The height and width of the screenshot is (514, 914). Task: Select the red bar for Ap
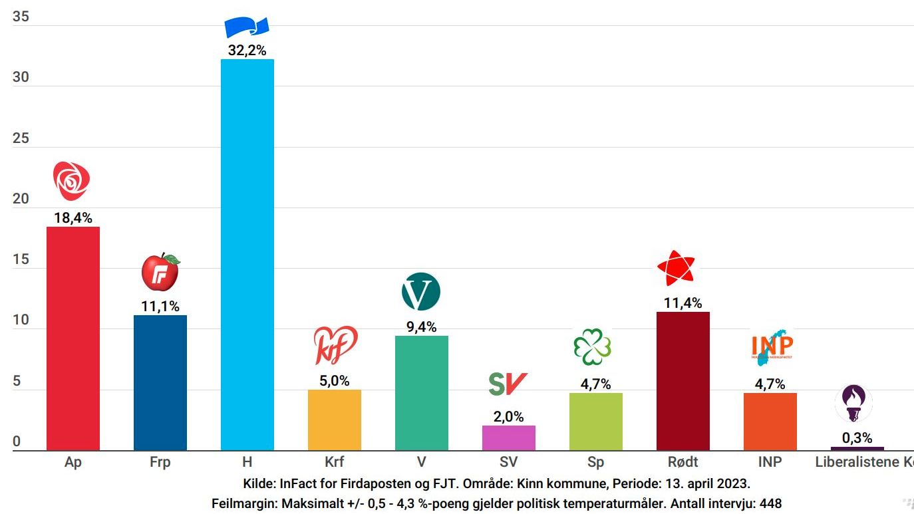pyautogui.click(x=73, y=338)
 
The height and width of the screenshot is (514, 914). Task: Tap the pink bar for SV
pyautogui.click(x=508, y=438)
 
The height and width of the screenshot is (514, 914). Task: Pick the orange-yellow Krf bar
pyautogui.click(x=334, y=420)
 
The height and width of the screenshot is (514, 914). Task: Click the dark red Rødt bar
pyautogui.click(x=683, y=381)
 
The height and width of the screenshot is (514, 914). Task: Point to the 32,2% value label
pyautogui.click(x=247, y=50)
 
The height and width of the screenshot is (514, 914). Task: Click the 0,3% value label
pyautogui.click(x=857, y=438)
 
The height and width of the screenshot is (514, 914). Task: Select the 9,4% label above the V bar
pyautogui.click(x=421, y=326)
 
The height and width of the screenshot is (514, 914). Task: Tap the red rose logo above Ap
pyautogui.click(x=71, y=181)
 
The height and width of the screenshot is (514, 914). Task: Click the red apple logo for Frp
pyautogui.click(x=160, y=272)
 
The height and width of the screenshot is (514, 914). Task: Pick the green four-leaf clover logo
pyautogui.click(x=592, y=346)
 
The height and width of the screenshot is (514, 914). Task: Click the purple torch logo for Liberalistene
pyautogui.click(x=853, y=403)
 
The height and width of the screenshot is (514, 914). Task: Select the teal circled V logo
pyautogui.click(x=421, y=292)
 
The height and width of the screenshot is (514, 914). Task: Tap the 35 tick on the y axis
pyautogui.click(x=21, y=17)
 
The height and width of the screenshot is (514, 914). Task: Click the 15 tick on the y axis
pyautogui.click(x=21, y=259)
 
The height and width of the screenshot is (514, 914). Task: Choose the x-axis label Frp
pyautogui.click(x=160, y=462)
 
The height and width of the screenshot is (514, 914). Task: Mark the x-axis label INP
pyautogui.click(x=770, y=462)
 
